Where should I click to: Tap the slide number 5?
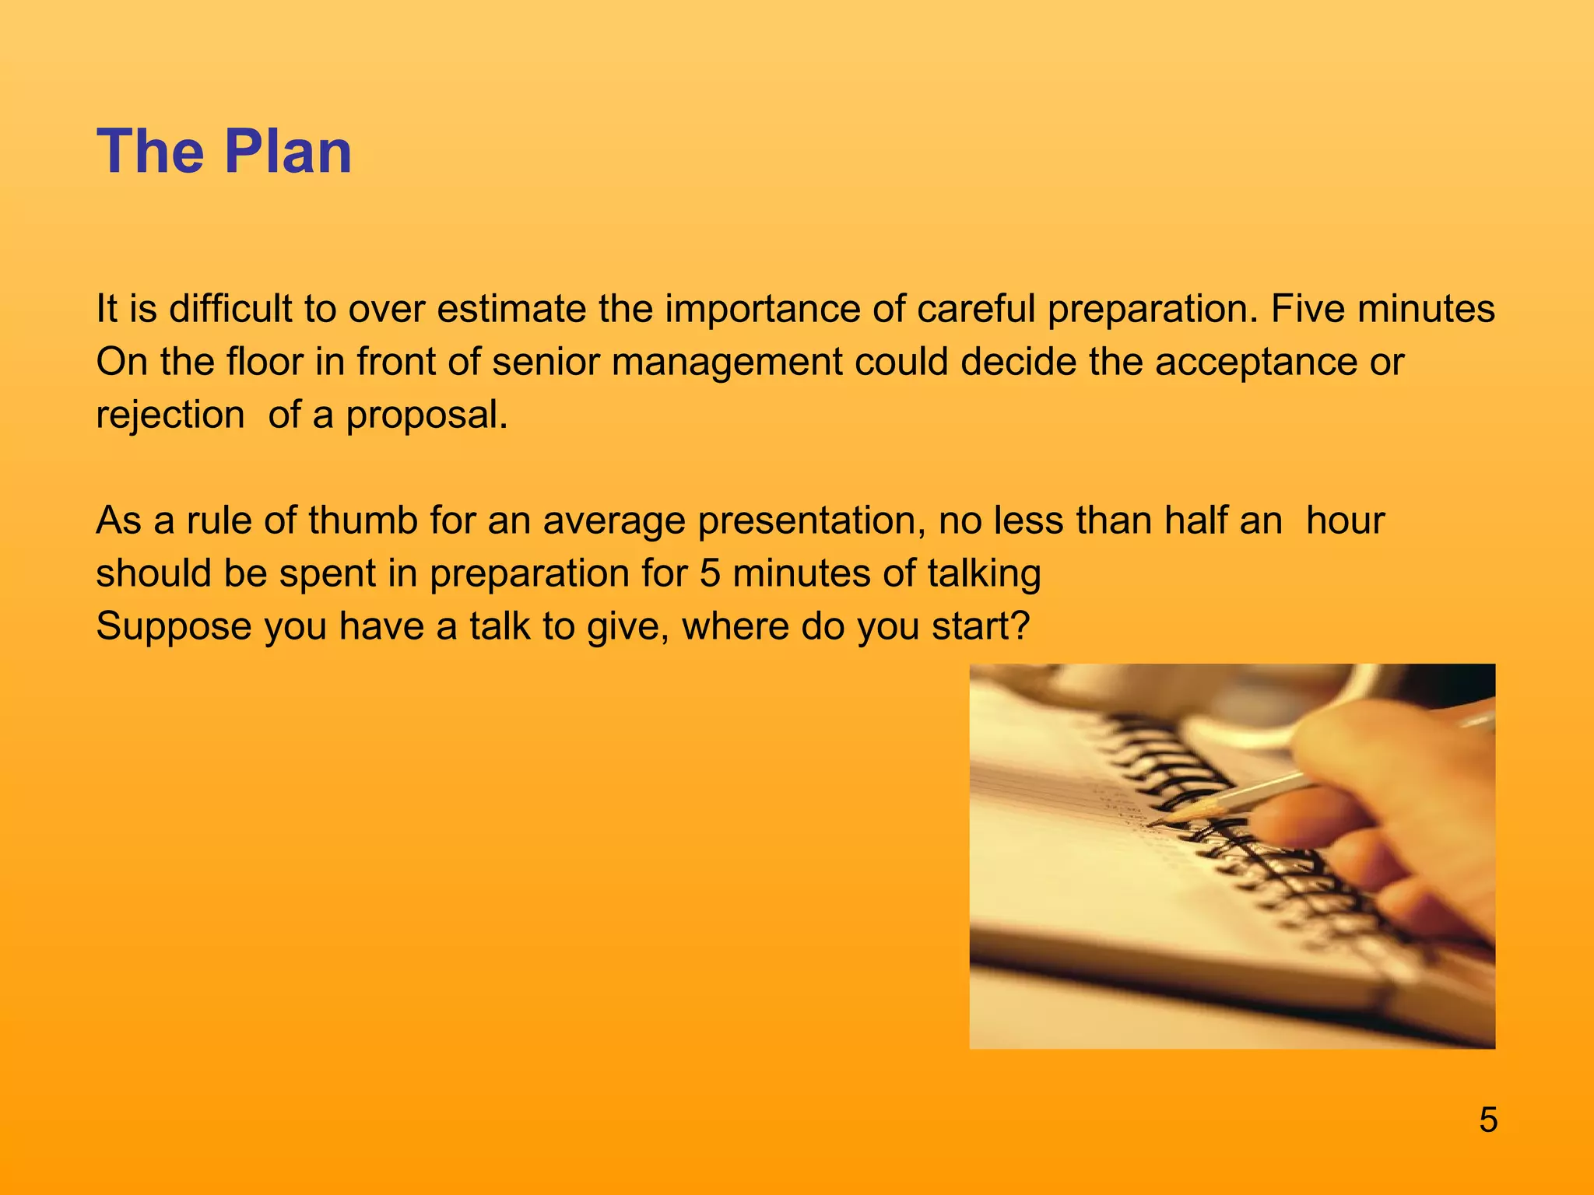[x=1487, y=1120]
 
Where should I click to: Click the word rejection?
[x=170, y=415]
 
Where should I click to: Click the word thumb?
[x=363, y=520]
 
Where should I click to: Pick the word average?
[x=613, y=521]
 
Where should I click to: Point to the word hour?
[x=1345, y=520]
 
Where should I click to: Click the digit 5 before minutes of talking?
[x=710, y=573]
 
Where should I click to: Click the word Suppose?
[x=174, y=627]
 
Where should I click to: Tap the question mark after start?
[x=1021, y=626]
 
